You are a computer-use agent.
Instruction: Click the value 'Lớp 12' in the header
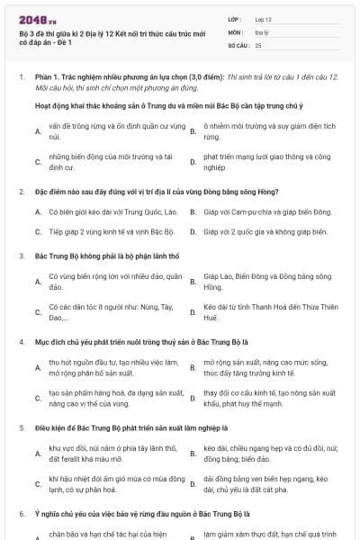click(x=264, y=19)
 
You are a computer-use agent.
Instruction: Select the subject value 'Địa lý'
click(x=263, y=31)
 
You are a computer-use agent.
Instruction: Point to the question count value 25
click(x=259, y=44)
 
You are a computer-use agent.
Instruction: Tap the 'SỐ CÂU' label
click(x=238, y=44)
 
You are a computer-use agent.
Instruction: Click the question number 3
click(x=21, y=256)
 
